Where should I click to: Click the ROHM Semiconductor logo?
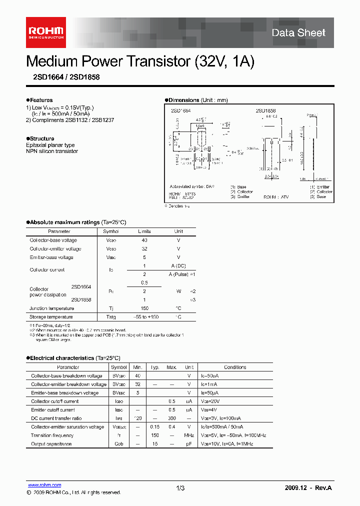(45, 32)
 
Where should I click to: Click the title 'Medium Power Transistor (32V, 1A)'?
(140, 61)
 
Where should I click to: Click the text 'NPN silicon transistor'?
(52, 151)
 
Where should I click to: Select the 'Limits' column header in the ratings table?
(144, 231)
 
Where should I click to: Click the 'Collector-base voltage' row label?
(53, 240)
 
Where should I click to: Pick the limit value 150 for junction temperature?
(144, 308)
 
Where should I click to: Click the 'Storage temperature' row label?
(51, 317)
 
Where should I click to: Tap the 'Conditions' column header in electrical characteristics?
(234, 367)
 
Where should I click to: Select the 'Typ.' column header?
(155, 367)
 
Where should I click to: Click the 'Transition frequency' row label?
(52, 435)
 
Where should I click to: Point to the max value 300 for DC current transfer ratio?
(171, 418)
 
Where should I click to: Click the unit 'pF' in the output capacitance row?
(189, 444)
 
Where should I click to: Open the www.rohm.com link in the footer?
(44, 485)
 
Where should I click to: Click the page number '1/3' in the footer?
(180, 488)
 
